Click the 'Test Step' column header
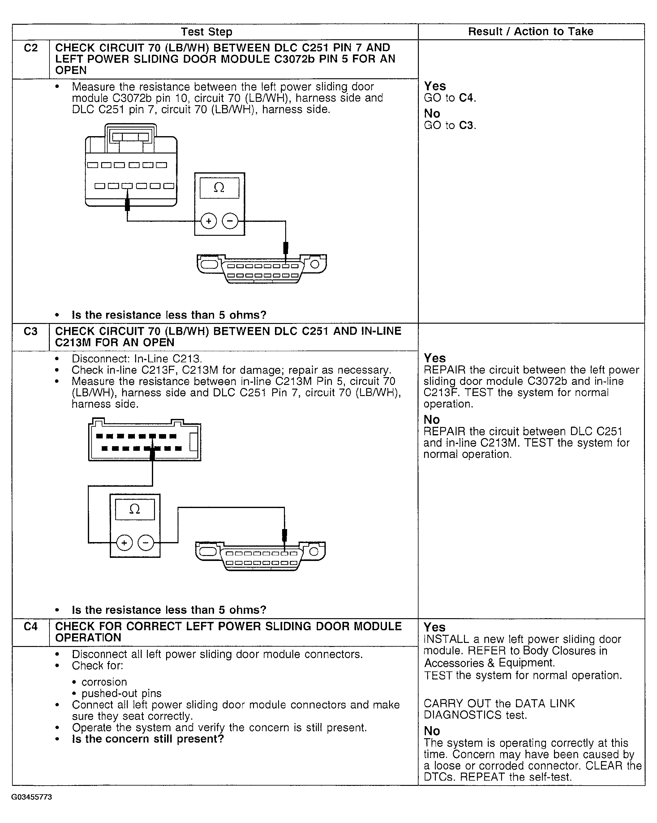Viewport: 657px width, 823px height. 206,32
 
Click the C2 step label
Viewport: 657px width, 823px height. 31,48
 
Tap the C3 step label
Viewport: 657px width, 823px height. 31,331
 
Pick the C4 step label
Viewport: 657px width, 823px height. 31,627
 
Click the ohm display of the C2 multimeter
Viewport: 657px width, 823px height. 219,187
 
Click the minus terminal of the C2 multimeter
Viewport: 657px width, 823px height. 230,221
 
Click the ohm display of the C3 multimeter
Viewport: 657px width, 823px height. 135,509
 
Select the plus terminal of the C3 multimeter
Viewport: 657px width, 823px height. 124,542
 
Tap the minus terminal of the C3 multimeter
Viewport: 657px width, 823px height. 145,542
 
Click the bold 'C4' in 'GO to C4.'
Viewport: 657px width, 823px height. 466,98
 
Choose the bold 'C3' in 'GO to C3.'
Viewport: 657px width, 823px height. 466,126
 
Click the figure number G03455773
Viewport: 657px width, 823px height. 32,797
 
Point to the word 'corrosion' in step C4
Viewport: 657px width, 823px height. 104,682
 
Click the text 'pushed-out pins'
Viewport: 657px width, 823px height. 121,693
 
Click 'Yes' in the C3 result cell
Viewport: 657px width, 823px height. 435,358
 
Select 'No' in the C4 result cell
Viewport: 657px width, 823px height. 432,731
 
